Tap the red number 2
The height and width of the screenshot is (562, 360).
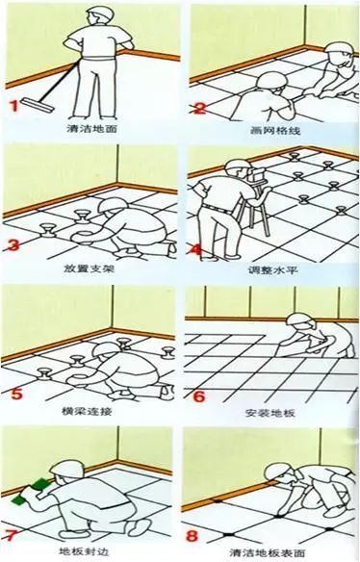(199, 108)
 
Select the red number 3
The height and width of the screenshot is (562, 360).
(13, 246)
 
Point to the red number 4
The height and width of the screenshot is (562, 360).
(197, 251)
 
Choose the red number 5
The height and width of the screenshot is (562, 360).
(13, 392)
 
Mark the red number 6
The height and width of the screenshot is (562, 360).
(199, 395)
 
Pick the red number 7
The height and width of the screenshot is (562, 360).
(13, 531)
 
